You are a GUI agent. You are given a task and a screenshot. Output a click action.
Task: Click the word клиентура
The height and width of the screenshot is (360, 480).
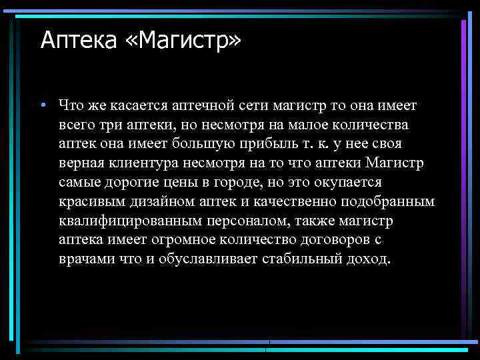(150, 163)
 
